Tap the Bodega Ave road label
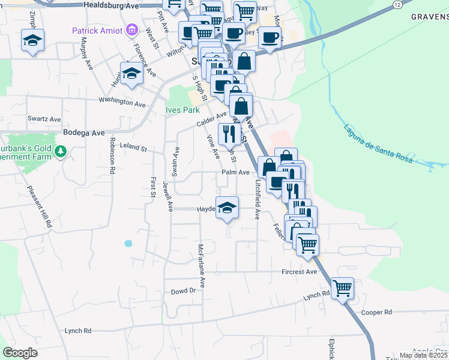coord(83,133)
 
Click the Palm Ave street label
coord(235,172)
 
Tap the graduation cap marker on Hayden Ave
coord(227,208)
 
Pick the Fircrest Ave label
coord(299,272)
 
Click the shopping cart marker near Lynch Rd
coord(342,288)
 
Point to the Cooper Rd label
coord(376,312)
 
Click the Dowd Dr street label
coord(184,290)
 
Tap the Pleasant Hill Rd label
coord(40,205)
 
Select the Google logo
coord(20,353)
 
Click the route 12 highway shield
coord(397,4)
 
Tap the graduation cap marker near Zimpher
coord(31,41)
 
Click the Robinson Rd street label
coord(112,155)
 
